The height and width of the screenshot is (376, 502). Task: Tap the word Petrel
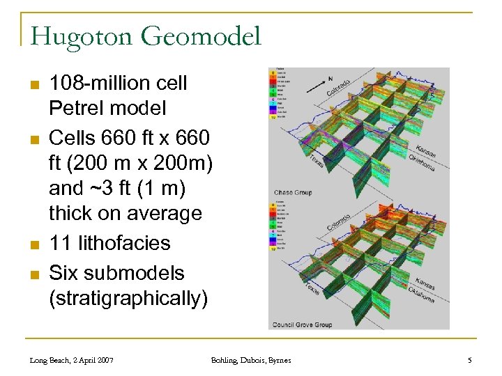pyautogui.click(x=74, y=109)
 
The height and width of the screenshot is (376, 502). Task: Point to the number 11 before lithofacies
pyautogui.click(x=59, y=243)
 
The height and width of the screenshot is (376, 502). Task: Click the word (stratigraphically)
pyautogui.click(x=128, y=298)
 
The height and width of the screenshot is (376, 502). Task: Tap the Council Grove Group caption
pyautogui.click(x=302, y=324)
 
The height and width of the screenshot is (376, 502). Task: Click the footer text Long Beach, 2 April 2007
pyautogui.click(x=72, y=360)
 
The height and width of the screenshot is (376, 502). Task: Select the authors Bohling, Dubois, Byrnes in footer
pyautogui.click(x=251, y=360)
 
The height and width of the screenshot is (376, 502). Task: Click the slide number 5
pyautogui.click(x=469, y=360)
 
